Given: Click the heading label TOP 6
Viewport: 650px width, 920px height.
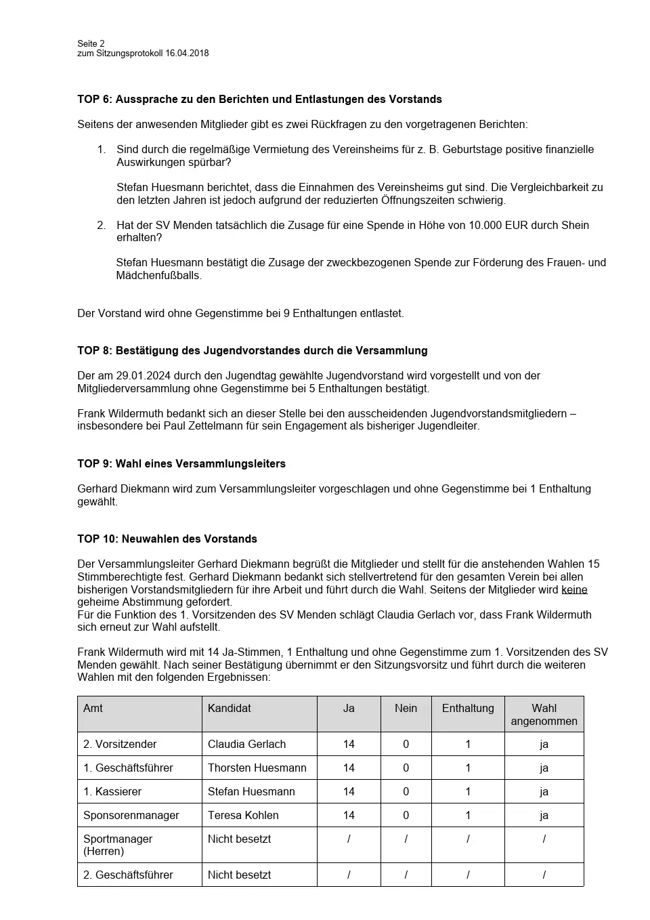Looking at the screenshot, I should click(93, 100).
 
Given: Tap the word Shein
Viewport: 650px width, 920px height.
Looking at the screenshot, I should click(575, 225).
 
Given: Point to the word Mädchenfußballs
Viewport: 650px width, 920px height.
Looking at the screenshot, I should click(158, 276).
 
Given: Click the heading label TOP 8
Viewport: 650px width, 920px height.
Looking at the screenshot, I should click(93, 351).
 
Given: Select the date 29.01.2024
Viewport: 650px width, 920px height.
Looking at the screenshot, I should click(140, 376).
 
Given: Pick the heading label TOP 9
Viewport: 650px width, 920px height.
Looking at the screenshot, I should click(93, 464).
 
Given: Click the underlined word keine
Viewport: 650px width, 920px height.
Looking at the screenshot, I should click(574, 589).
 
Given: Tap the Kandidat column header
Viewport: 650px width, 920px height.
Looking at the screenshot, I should click(230, 709).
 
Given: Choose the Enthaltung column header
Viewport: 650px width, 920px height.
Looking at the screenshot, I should click(468, 709).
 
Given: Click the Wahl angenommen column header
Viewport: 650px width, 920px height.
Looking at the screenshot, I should click(544, 715).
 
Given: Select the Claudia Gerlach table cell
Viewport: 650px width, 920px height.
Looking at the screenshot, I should click(246, 745).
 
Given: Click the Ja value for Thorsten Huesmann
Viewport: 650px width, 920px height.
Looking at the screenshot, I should click(349, 768).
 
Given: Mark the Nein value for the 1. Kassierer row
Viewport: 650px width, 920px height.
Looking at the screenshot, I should click(406, 792).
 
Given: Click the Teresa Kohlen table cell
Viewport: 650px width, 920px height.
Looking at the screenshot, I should click(243, 816).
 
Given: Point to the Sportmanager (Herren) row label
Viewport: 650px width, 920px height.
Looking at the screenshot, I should click(118, 845).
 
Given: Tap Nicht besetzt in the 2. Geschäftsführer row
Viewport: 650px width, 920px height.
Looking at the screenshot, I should click(239, 875).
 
